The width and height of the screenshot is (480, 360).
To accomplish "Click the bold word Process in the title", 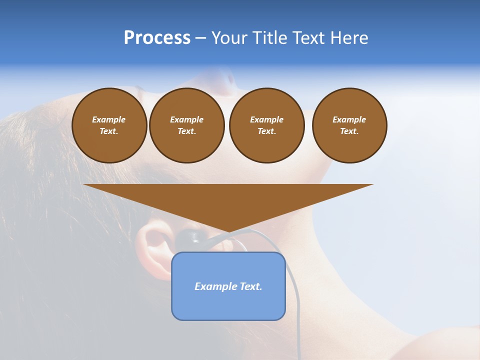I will click(x=157, y=38).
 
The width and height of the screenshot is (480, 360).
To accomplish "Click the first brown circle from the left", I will click(x=109, y=125).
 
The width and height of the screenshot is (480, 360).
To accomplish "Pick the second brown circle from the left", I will click(x=187, y=125).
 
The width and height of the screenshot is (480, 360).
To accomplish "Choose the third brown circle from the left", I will click(x=266, y=125).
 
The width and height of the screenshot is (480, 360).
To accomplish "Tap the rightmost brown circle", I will click(x=349, y=125).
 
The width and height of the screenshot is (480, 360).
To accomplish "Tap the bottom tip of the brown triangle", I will click(x=228, y=231).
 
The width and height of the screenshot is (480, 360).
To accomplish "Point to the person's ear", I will click(x=152, y=250).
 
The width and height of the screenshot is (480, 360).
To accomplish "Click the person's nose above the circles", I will click(x=225, y=80).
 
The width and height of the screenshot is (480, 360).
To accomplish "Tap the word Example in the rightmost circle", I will click(x=349, y=119).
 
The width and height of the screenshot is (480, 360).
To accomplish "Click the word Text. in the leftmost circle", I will click(x=109, y=131).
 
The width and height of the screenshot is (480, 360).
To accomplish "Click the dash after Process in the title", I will click(x=201, y=38).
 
